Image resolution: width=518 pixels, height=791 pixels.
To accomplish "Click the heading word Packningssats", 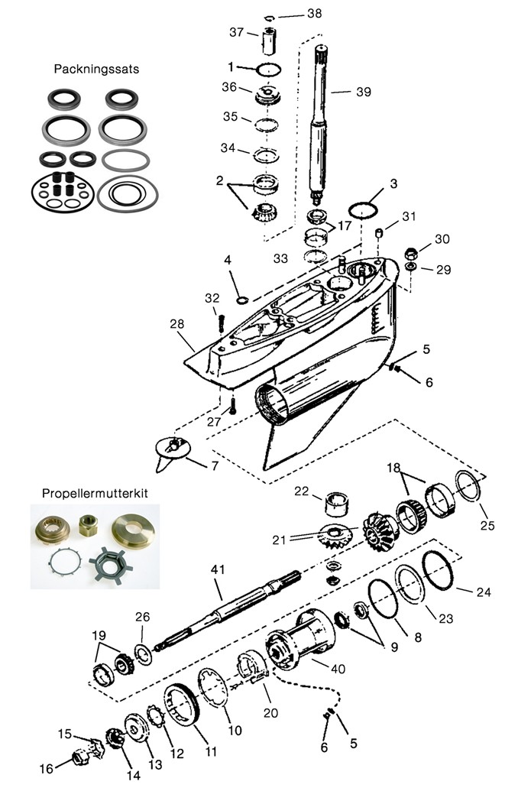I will pos(96,68).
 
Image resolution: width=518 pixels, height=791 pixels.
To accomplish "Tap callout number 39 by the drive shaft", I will pos(364,92).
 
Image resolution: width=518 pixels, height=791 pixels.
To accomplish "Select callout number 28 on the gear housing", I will pos(177,324).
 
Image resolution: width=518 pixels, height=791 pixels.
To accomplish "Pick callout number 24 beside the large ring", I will pos(483,592).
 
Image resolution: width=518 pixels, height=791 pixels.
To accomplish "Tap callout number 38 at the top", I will pos(293,13).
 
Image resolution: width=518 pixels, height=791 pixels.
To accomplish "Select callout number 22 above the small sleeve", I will pos(303,491).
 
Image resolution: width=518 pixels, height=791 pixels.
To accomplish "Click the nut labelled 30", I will pos(410,253).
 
